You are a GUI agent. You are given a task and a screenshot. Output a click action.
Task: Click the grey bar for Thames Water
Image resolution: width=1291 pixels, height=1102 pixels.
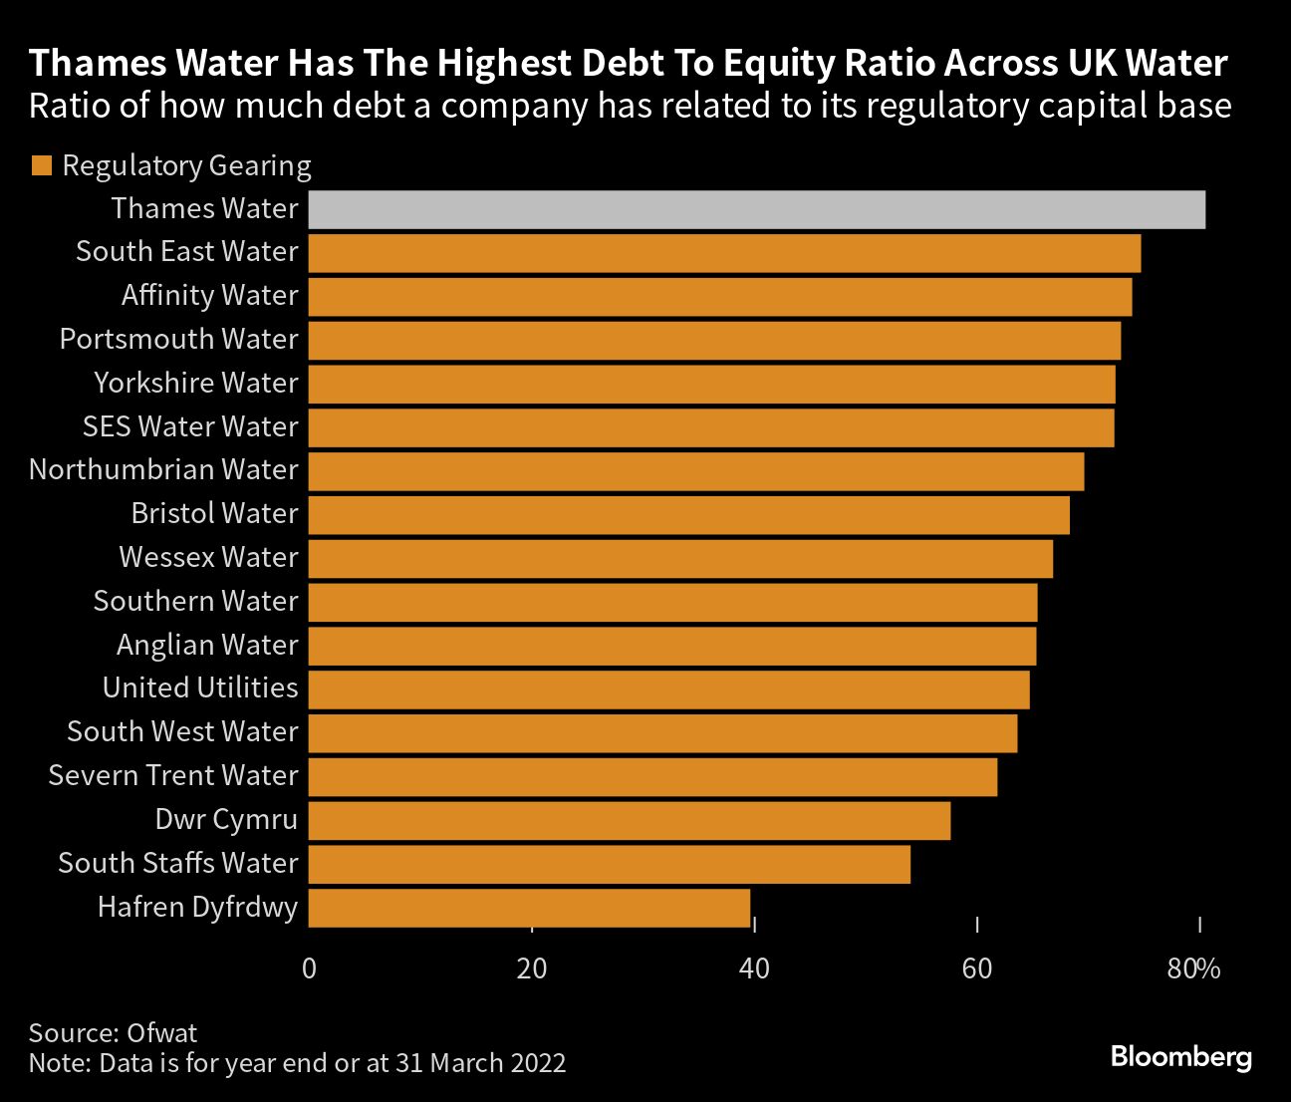tap(756, 209)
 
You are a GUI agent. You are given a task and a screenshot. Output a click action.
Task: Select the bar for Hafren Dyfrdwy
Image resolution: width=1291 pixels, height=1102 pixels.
tap(529, 908)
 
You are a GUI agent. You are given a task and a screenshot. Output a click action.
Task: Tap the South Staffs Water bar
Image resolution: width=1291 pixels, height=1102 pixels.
tap(609, 864)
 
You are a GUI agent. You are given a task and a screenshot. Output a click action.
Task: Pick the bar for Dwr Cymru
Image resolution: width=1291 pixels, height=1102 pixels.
tap(629, 820)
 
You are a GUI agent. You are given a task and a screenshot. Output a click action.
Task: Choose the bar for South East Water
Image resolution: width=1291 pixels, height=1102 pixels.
tap(724, 253)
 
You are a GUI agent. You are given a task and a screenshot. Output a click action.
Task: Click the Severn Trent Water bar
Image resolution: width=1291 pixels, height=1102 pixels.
tap(652, 776)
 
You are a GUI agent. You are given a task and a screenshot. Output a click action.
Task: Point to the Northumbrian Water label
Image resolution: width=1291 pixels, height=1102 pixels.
tap(163, 469)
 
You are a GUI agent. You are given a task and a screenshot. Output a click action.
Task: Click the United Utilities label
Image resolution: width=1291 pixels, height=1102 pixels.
tap(200, 688)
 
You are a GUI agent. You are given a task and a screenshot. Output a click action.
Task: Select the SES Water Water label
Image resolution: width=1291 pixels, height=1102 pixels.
tap(190, 426)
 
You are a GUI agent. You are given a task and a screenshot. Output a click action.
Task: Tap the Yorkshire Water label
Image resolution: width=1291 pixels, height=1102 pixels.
tap(196, 383)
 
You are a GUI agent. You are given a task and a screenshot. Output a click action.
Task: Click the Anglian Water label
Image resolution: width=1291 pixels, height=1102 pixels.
tap(207, 645)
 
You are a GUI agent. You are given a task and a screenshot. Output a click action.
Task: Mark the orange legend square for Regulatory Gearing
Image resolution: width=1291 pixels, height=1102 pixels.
tap(41, 165)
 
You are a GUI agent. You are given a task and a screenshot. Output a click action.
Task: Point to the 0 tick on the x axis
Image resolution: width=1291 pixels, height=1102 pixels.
tap(309, 967)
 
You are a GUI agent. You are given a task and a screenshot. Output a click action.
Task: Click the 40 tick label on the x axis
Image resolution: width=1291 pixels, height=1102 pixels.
tap(755, 967)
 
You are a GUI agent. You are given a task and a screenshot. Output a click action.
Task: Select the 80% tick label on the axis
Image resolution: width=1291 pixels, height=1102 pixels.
tap(1193, 967)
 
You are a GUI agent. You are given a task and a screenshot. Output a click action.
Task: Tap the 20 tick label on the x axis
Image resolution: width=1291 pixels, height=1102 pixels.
tap(532, 967)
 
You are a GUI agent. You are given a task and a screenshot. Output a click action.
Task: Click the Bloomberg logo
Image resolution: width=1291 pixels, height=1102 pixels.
tap(1180, 1056)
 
